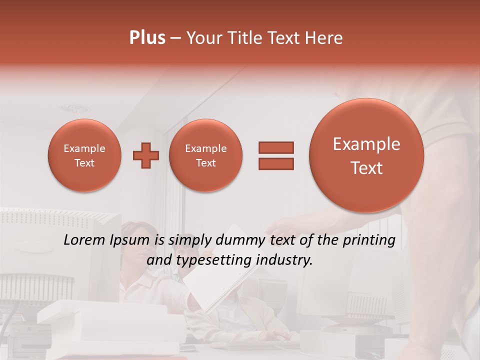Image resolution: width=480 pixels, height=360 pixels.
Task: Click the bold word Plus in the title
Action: click(147, 38)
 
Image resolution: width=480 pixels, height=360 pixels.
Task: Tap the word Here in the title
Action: click(324, 38)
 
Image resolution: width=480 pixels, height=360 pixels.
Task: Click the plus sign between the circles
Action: click(146, 155)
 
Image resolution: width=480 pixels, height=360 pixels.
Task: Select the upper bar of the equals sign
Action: click(275, 147)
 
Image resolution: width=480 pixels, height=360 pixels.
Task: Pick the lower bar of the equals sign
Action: click(275, 163)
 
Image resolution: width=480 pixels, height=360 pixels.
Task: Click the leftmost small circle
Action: click(84, 155)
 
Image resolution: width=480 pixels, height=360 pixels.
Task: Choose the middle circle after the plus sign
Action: click(205, 155)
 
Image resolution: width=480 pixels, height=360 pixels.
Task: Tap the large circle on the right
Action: click(366, 155)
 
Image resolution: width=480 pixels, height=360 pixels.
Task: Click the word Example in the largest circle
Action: click(366, 144)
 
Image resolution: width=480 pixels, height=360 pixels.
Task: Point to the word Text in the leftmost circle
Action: click(84, 163)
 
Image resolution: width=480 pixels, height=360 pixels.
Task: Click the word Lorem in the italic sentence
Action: click(82, 240)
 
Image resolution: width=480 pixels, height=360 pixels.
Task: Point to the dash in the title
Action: click(175, 38)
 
